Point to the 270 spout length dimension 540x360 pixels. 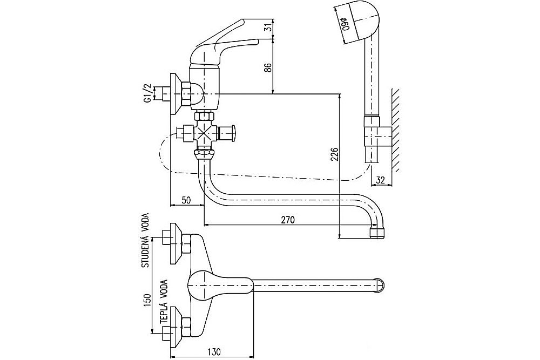point(288,219)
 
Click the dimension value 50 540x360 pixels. point(186,200)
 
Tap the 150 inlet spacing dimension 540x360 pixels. point(147,301)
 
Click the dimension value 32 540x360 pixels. point(380,180)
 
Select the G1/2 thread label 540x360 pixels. point(147,92)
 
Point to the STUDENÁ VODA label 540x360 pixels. point(146,240)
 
